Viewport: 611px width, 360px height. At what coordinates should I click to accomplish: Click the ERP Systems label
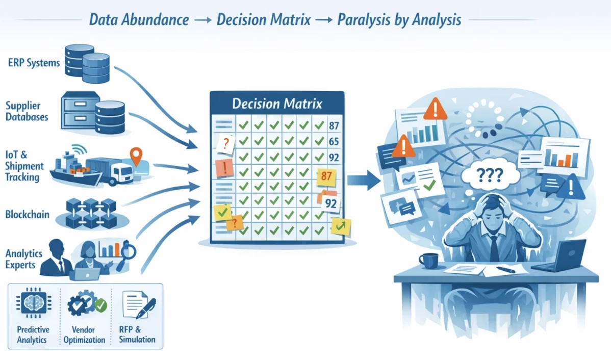click(34, 63)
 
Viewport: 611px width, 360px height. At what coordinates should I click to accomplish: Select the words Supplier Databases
click(27, 111)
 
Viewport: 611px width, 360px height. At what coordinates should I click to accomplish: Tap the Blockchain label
click(27, 214)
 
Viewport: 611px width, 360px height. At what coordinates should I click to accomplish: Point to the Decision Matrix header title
click(277, 104)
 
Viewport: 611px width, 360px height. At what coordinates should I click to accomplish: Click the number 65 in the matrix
click(334, 141)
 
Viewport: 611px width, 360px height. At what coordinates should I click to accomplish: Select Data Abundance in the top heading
click(139, 20)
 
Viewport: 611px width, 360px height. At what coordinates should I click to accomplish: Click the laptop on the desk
click(561, 258)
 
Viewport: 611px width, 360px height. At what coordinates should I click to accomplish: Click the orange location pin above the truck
click(136, 155)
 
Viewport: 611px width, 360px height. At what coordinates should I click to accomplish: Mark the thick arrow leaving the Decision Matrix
click(364, 179)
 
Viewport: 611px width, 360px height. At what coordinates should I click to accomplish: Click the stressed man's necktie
click(494, 248)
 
